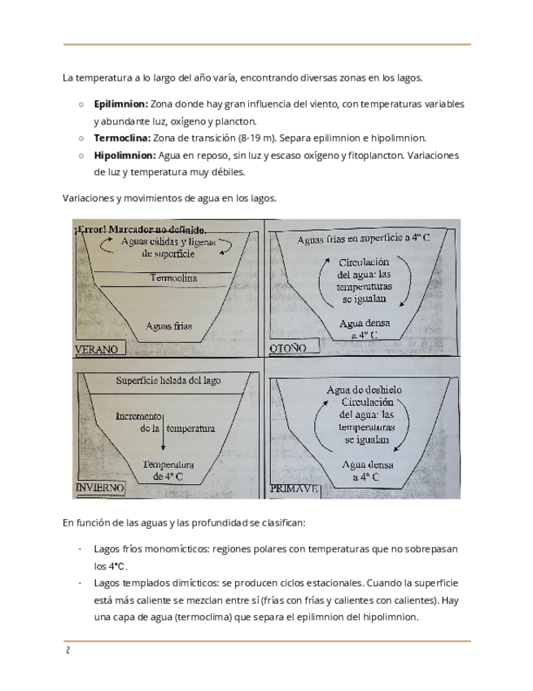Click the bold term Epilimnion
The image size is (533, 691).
tap(120, 105)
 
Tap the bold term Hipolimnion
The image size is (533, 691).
tap(123, 156)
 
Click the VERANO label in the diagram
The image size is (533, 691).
tap(97, 350)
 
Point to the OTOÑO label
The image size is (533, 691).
tap(287, 349)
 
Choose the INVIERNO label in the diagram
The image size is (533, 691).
tap(99, 487)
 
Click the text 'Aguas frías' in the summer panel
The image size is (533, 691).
tap(168, 325)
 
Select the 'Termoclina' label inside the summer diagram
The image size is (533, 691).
tap(173, 279)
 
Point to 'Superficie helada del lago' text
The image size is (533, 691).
tap(168, 381)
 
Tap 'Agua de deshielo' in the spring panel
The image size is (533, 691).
tap(364, 390)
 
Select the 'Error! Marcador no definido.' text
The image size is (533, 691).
tap(140, 229)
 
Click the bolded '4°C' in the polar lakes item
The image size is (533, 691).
tap(118, 566)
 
